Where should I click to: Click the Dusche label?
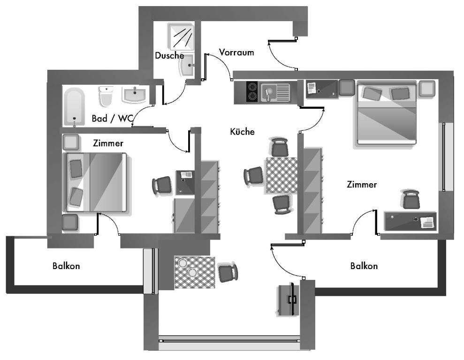point(169,55)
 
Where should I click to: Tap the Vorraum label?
point(236,52)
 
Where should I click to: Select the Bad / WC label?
point(112,119)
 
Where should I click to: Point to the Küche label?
point(242,131)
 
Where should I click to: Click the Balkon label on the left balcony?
point(66,266)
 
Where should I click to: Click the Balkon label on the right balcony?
point(364,266)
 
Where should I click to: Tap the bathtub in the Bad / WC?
point(74,107)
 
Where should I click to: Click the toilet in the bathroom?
point(106,96)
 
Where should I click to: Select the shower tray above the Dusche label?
point(181,37)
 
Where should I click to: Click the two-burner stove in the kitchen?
point(252,91)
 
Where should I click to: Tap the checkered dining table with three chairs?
point(281,175)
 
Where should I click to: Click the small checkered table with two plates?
point(194,272)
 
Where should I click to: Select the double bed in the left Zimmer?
point(95,182)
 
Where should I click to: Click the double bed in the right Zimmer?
point(387,112)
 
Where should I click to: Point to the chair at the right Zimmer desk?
point(411,200)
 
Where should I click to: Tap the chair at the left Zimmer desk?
point(162,186)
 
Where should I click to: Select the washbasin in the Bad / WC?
point(135,94)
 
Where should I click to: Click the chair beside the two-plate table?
point(228,272)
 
